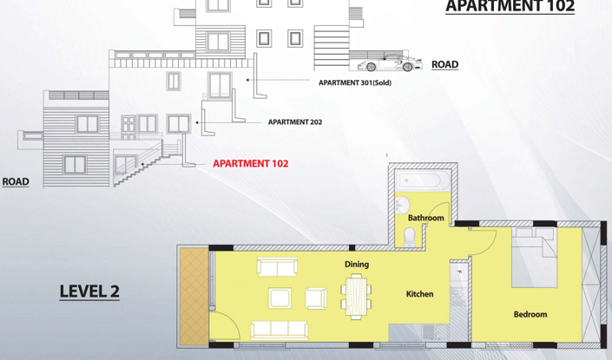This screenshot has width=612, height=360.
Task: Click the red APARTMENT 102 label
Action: point(250,163)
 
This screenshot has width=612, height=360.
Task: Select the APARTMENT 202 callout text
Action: point(294,122)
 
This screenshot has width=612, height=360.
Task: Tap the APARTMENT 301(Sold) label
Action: point(355,82)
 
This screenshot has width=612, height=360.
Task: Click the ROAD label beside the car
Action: point(444,64)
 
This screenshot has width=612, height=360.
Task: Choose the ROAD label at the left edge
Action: point(15,182)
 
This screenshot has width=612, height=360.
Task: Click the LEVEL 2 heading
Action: point(89,291)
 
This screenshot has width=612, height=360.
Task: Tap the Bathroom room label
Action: point(425,218)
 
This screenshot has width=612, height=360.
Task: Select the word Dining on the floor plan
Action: point(357,265)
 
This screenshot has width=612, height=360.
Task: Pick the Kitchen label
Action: point(419,294)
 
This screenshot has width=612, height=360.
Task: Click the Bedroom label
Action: point(530,314)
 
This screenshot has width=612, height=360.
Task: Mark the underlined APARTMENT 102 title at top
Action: point(510,7)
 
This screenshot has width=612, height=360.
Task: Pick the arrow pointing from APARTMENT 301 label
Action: point(276,82)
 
